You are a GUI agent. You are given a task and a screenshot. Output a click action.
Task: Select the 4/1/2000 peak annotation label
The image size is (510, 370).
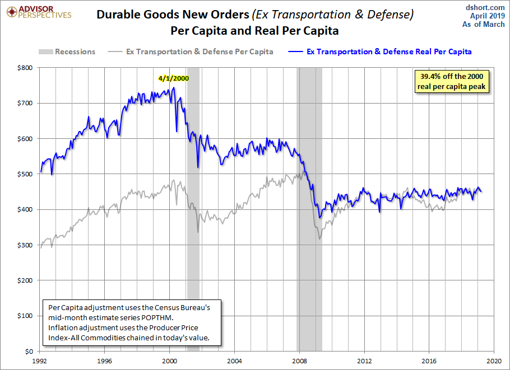(x=173, y=78)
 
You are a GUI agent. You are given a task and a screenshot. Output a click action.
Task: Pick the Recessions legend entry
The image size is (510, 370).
(x=67, y=51)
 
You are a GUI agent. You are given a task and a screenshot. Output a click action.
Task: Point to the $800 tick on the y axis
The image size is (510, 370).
(x=25, y=68)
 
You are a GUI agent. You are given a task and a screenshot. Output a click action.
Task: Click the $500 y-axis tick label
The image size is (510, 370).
(x=25, y=174)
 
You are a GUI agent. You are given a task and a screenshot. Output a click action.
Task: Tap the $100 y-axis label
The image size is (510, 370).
(x=25, y=316)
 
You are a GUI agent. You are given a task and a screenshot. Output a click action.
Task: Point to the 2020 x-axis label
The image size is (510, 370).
(x=493, y=360)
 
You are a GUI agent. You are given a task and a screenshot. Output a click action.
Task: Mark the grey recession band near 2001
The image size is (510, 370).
(x=193, y=224)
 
